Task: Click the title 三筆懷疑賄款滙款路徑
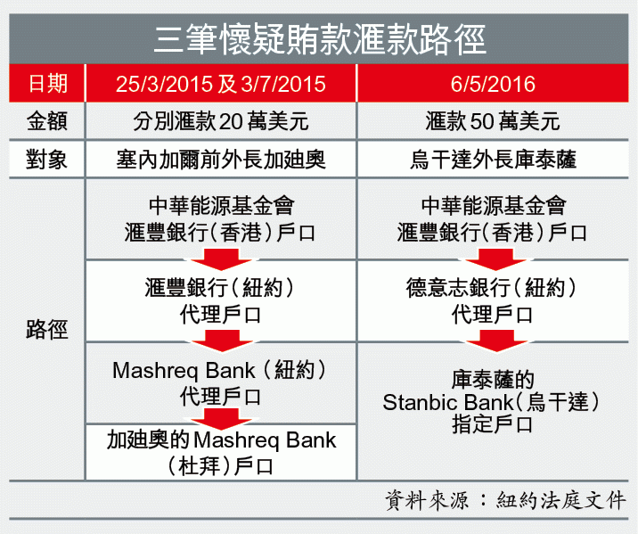click(320, 39)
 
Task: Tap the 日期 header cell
click(47, 84)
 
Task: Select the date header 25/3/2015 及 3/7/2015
click(221, 84)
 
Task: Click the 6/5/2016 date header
click(493, 84)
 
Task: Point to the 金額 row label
click(47, 121)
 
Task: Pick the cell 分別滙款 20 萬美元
click(221, 121)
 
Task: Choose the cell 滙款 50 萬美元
click(493, 121)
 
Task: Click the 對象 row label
click(47, 160)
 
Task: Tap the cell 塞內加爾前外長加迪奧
click(221, 160)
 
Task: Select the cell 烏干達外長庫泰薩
click(493, 160)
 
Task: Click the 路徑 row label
click(47, 329)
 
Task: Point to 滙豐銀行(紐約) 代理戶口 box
click(221, 300)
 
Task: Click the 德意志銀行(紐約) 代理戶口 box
click(493, 300)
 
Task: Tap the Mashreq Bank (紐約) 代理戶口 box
click(221, 383)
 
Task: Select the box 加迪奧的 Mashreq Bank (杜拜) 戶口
click(221, 452)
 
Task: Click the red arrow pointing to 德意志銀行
click(495, 259)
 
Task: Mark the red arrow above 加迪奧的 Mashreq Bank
click(221, 419)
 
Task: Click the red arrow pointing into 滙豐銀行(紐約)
click(221, 259)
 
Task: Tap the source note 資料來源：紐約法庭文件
click(505, 500)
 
